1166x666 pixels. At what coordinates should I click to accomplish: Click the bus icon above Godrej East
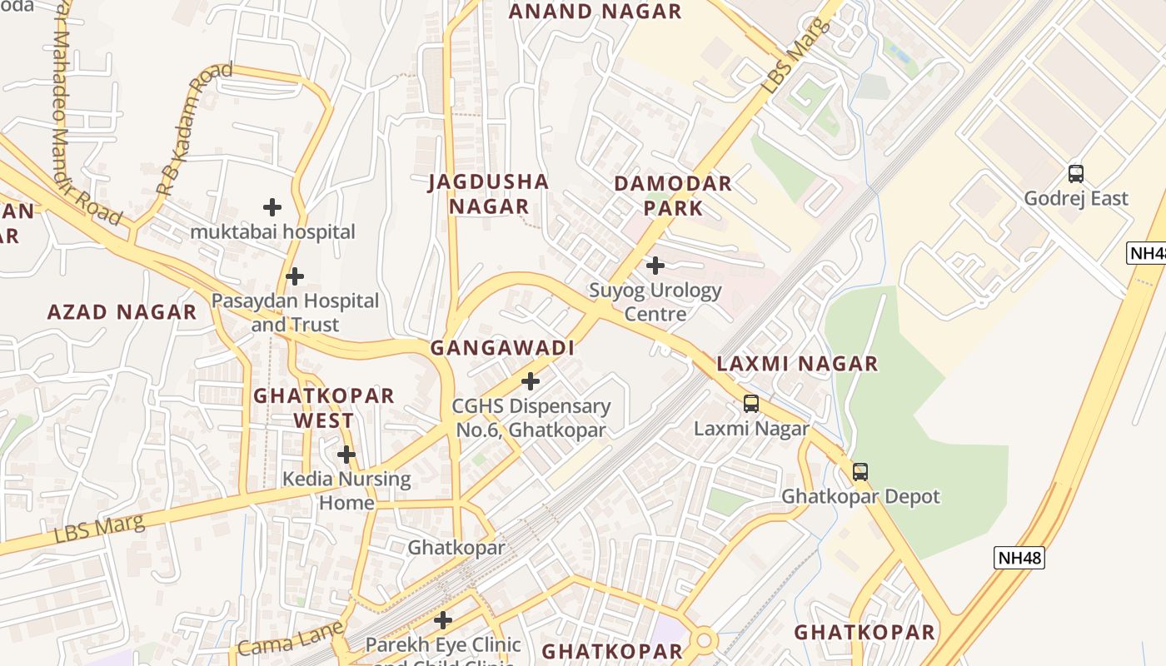pyautogui.click(x=1076, y=174)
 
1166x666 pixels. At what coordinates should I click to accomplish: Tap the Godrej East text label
pyautogui.click(x=1076, y=199)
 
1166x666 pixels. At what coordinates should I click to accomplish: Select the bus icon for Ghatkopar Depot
pyautogui.click(x=860, y=472)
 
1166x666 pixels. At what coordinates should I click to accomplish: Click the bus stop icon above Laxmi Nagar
pyautogui.click(x=751, y=404)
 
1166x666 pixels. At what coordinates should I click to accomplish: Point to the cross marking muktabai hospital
pyautogui.click(x=272, y=207)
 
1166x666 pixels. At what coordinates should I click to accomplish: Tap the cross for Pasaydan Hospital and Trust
pyautogui.click(x=294, y=276)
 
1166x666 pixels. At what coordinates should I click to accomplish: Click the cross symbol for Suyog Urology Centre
pyautogui.click(x=655, y=266)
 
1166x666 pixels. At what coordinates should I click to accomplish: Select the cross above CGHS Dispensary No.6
pyautogui.click(x=530, y=381)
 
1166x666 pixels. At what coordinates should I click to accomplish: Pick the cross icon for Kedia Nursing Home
pyautogui.click(x=346, y=455)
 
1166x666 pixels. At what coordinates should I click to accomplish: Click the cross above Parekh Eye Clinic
pyautogui.click(x=443, y=620)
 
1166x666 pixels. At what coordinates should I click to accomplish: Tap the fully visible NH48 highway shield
pyautogui.click(x=1019, y=558)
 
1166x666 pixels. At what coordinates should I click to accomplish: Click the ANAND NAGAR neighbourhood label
pyautogui.click(x=595, y=12)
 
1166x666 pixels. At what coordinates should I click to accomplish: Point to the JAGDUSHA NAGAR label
pyautogui.click(x=489, y=194)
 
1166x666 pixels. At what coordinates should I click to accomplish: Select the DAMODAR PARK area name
pyautogui.click(x=673, y=196)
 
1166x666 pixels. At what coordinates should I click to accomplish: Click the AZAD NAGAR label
pyautogui.click(x=122, y=312)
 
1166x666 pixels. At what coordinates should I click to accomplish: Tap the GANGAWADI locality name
pyautogui.click(x=502, y=348)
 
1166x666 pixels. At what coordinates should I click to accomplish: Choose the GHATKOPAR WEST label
pyautogui.click(x=323, y=408)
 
